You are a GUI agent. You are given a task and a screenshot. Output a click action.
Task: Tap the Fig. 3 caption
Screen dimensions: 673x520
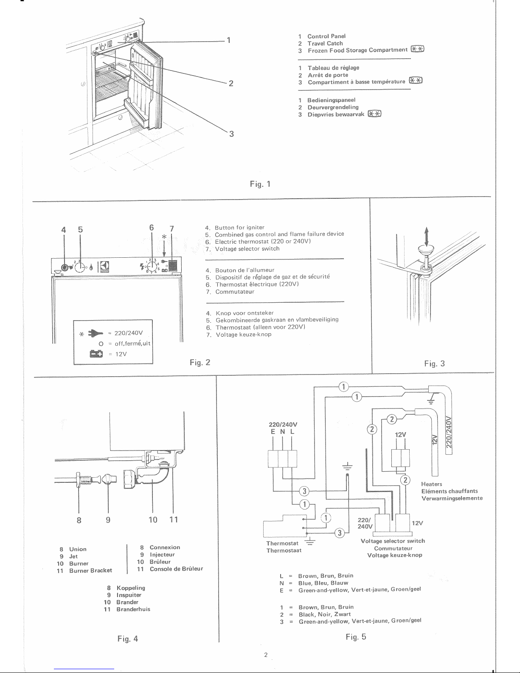click(434, 363)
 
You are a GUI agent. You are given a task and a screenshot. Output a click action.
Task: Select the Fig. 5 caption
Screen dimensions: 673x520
click(356, 637)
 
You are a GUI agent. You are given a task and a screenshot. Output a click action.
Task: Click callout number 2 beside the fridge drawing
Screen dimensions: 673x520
click(230, 83)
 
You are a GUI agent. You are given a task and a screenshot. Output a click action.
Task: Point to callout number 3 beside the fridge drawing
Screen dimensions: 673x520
click(231, 135)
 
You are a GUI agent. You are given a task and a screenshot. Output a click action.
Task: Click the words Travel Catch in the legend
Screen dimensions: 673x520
click(325, 43)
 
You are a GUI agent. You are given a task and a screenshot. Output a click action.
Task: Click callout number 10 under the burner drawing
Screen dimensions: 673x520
click(153, 520)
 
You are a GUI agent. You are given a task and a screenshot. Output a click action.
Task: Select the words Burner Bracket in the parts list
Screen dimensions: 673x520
click(90, 570)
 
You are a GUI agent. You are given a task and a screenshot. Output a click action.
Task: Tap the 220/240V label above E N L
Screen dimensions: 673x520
click(283, 424)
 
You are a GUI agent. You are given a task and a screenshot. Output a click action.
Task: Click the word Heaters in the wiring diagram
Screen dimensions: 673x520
click(431, 484)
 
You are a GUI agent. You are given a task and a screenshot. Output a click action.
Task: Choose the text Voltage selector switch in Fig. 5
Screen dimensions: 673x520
click(392, 541)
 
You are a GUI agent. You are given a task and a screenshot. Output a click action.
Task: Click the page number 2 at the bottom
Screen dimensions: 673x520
click(265, 655)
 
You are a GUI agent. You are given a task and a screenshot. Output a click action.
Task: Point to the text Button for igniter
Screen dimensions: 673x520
click(239, 228)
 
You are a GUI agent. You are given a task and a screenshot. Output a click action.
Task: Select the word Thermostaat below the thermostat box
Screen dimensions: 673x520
click(284, 551)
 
